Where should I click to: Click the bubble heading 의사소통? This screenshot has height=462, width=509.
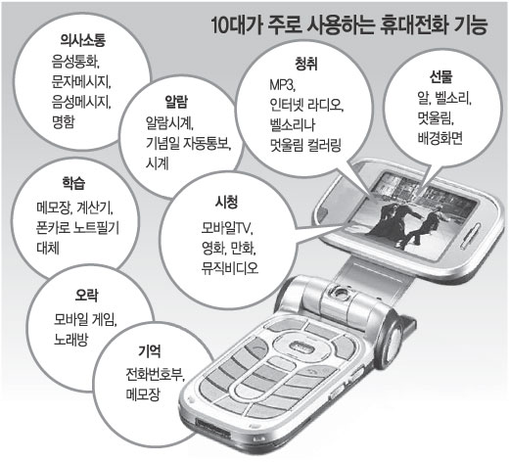pos(83,40)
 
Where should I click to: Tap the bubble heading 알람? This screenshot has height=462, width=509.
pos(176,102)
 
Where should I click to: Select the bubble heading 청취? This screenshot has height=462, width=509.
pos(305,64)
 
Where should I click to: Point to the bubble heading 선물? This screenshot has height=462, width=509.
pos(440,76)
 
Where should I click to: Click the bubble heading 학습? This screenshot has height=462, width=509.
pos(73,183)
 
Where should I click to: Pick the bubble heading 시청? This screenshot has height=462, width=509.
pos(226,202)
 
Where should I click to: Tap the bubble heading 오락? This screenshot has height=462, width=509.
pos(86,296)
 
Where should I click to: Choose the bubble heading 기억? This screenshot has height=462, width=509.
pos(150,351)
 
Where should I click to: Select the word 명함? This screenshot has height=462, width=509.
pos(64,121)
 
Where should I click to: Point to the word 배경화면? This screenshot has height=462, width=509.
pos(440,138)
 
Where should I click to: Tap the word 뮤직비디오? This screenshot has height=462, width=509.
pos(230,268)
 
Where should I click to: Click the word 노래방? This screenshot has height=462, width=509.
pos(70,340)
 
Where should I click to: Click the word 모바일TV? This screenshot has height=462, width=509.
pos(227,228)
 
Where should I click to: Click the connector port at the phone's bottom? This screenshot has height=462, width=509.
pos(213,429)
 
